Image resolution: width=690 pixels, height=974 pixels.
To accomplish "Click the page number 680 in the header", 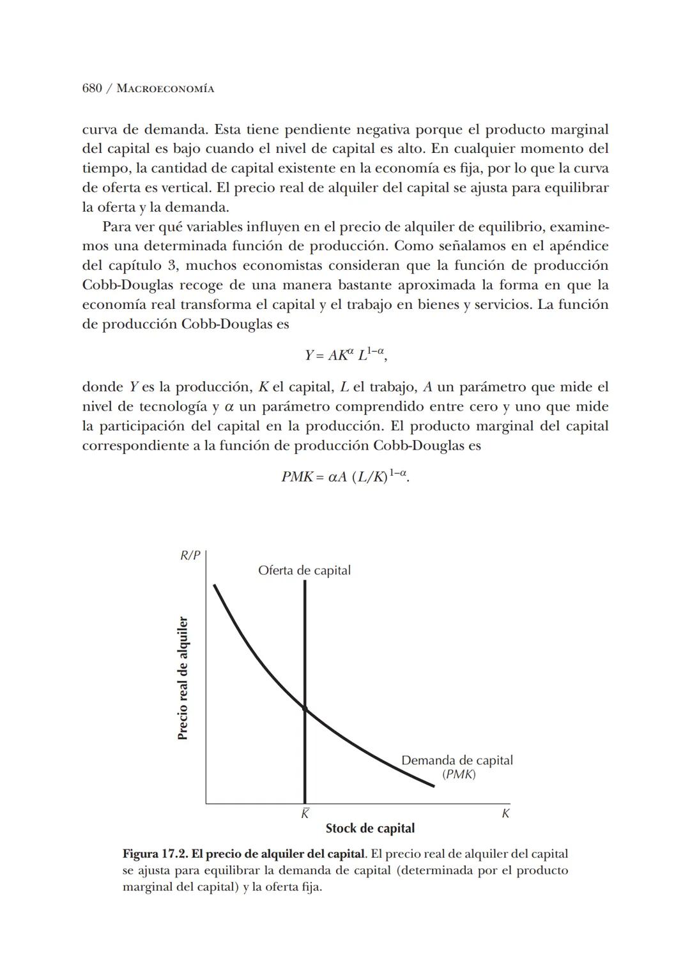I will pos(92,88).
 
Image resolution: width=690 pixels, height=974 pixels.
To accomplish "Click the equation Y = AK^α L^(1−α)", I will pos(345,354).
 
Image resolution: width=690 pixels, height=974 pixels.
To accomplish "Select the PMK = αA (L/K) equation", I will pos(345,476).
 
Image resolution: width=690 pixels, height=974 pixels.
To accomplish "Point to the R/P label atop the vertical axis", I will pos(190,556).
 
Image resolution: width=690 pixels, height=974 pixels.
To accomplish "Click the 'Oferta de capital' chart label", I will pos(304,570).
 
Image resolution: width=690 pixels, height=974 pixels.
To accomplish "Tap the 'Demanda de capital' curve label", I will pos(457,760).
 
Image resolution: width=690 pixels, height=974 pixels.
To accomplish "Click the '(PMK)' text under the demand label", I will pos(459,774).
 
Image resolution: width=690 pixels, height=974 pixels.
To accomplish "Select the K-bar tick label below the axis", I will pos(305,814).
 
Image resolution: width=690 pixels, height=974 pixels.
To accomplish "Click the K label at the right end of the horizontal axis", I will pos(505,814).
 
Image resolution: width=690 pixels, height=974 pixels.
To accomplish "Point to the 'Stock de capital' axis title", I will pos(370,829).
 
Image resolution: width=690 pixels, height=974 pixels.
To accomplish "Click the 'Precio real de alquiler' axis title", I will pos(183,678).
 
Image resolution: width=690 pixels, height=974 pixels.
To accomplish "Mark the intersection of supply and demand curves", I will pos(305,709).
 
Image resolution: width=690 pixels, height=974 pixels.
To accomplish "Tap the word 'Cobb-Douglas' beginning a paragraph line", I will pos(121,285).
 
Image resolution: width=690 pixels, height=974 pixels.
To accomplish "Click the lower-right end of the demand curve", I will pos(433,786).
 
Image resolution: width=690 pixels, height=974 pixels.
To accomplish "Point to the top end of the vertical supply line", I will pos(305,581).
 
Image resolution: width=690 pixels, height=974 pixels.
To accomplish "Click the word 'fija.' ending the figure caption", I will pos(309,887).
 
